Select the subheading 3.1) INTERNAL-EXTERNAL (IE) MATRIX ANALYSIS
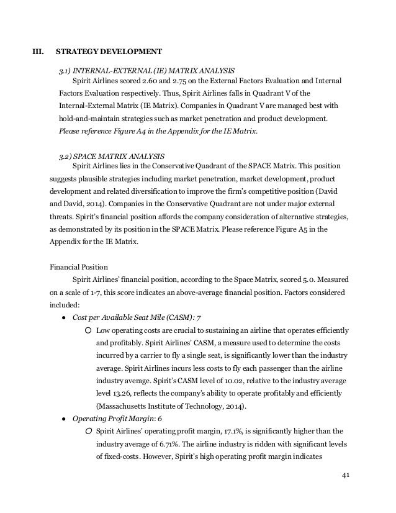pos(146,69)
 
